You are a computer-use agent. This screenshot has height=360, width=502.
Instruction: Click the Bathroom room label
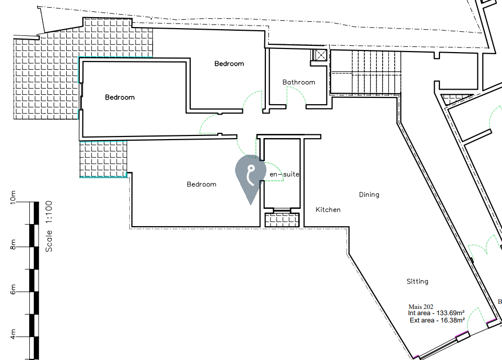click(299, 82)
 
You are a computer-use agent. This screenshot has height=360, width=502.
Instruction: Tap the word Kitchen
click(328, 209)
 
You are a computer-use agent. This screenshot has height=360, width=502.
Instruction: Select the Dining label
click(369, 195)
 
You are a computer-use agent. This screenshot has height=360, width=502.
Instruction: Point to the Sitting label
click(417, 281)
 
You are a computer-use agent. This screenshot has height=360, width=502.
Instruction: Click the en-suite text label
click(285, 174)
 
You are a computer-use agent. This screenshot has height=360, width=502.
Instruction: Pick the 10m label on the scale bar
click(14, 197)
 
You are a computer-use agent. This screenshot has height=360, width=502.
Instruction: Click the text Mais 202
click(421, 306)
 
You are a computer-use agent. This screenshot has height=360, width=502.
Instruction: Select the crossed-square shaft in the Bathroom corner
click(319, 55)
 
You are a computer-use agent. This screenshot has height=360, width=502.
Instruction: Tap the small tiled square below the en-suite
click(282, 220)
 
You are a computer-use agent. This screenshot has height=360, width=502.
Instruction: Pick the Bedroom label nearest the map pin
click(201, 184)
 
